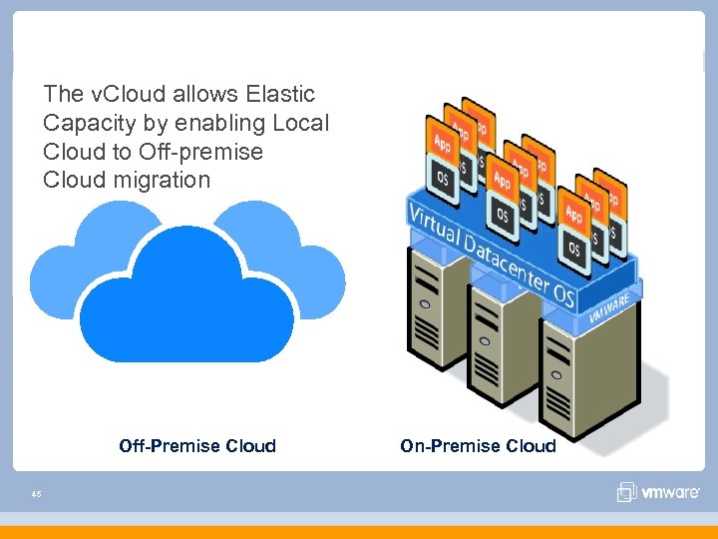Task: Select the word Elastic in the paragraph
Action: [278, 95]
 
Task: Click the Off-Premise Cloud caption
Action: [197, 446]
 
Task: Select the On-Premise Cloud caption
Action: [478, 446]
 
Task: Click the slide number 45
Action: [36, 493]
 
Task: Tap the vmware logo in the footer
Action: [661, 493]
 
